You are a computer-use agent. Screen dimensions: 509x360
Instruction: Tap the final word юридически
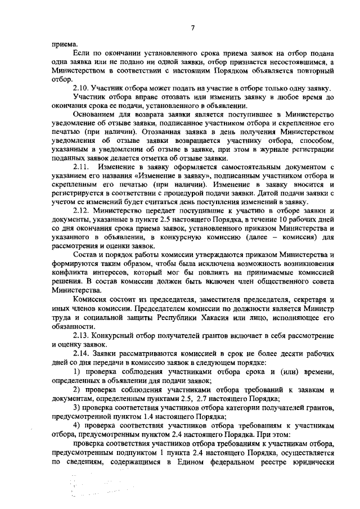(x=313, y=467)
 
